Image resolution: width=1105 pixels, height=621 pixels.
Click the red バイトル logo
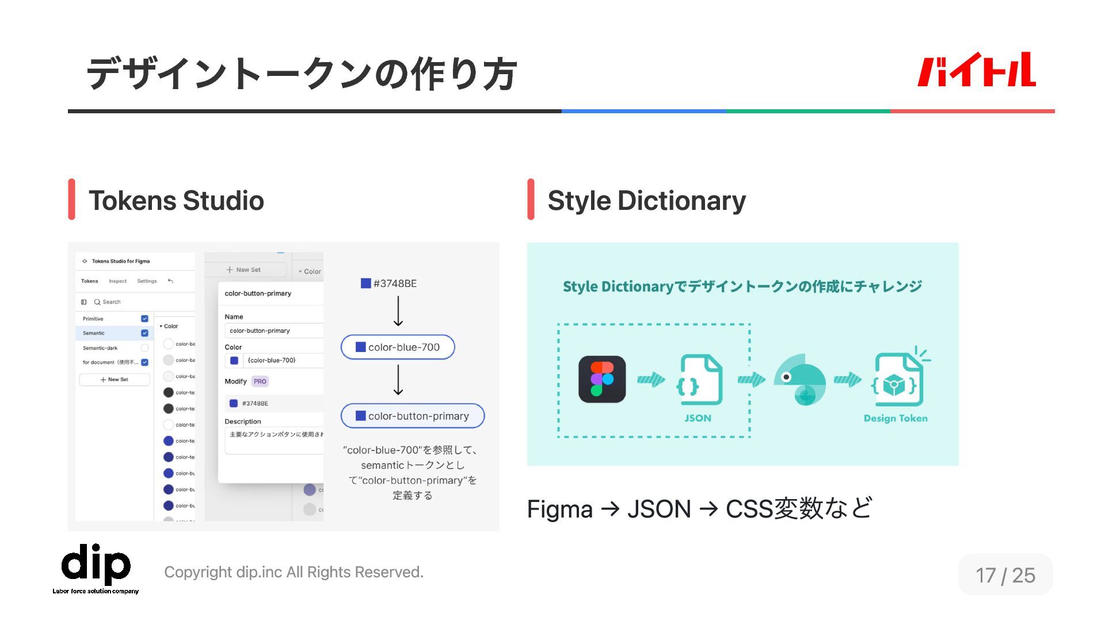tap(976, 70)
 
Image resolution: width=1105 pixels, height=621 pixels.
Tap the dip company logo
tap(96, 566)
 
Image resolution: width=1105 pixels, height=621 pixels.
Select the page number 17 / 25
tap(1005, 575)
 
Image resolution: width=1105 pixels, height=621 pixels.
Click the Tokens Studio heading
tap(176, 201)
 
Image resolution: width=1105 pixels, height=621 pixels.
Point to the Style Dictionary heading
tap(646, 201)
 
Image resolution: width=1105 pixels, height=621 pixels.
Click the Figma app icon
tap(602, 379)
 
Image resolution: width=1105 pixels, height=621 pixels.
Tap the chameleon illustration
tap(800, 379)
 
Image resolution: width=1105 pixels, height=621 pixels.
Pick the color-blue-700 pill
tap(398, 347)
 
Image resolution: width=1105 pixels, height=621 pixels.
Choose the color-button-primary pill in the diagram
tap(413, 416)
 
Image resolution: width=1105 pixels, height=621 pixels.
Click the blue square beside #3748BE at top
tap(365, 283)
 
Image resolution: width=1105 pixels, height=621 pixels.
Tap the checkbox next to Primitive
tap(144, 319)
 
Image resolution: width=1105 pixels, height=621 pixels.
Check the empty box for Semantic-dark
tap(144, 348)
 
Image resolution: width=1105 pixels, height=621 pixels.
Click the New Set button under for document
tap(115, 379)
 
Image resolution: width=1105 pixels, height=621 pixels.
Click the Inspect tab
tap(117, 281)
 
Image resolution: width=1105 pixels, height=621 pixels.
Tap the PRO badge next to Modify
tap(260, 381)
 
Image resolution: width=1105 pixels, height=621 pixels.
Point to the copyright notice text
tap(294, 572)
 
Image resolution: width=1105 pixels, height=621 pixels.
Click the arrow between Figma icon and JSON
tap(651, 379)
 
